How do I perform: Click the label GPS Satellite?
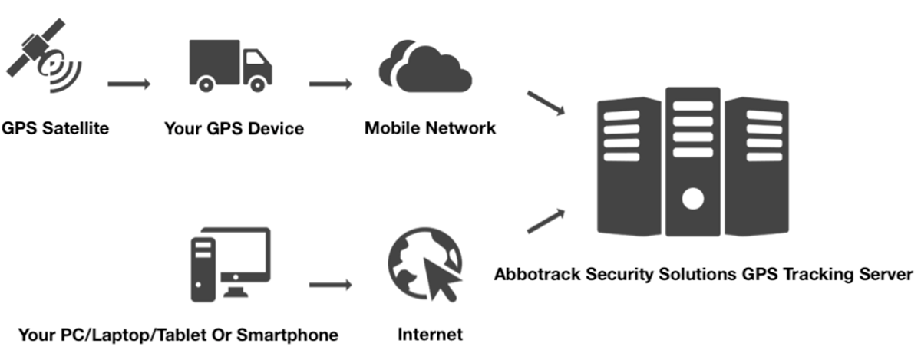click(54, 128)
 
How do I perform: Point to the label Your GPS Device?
click(234, 129)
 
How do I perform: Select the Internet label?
click(431, 335)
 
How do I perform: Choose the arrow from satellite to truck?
click(128, 83)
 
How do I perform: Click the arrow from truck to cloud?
click(330, 83)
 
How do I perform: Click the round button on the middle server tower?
click(693, 200)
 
